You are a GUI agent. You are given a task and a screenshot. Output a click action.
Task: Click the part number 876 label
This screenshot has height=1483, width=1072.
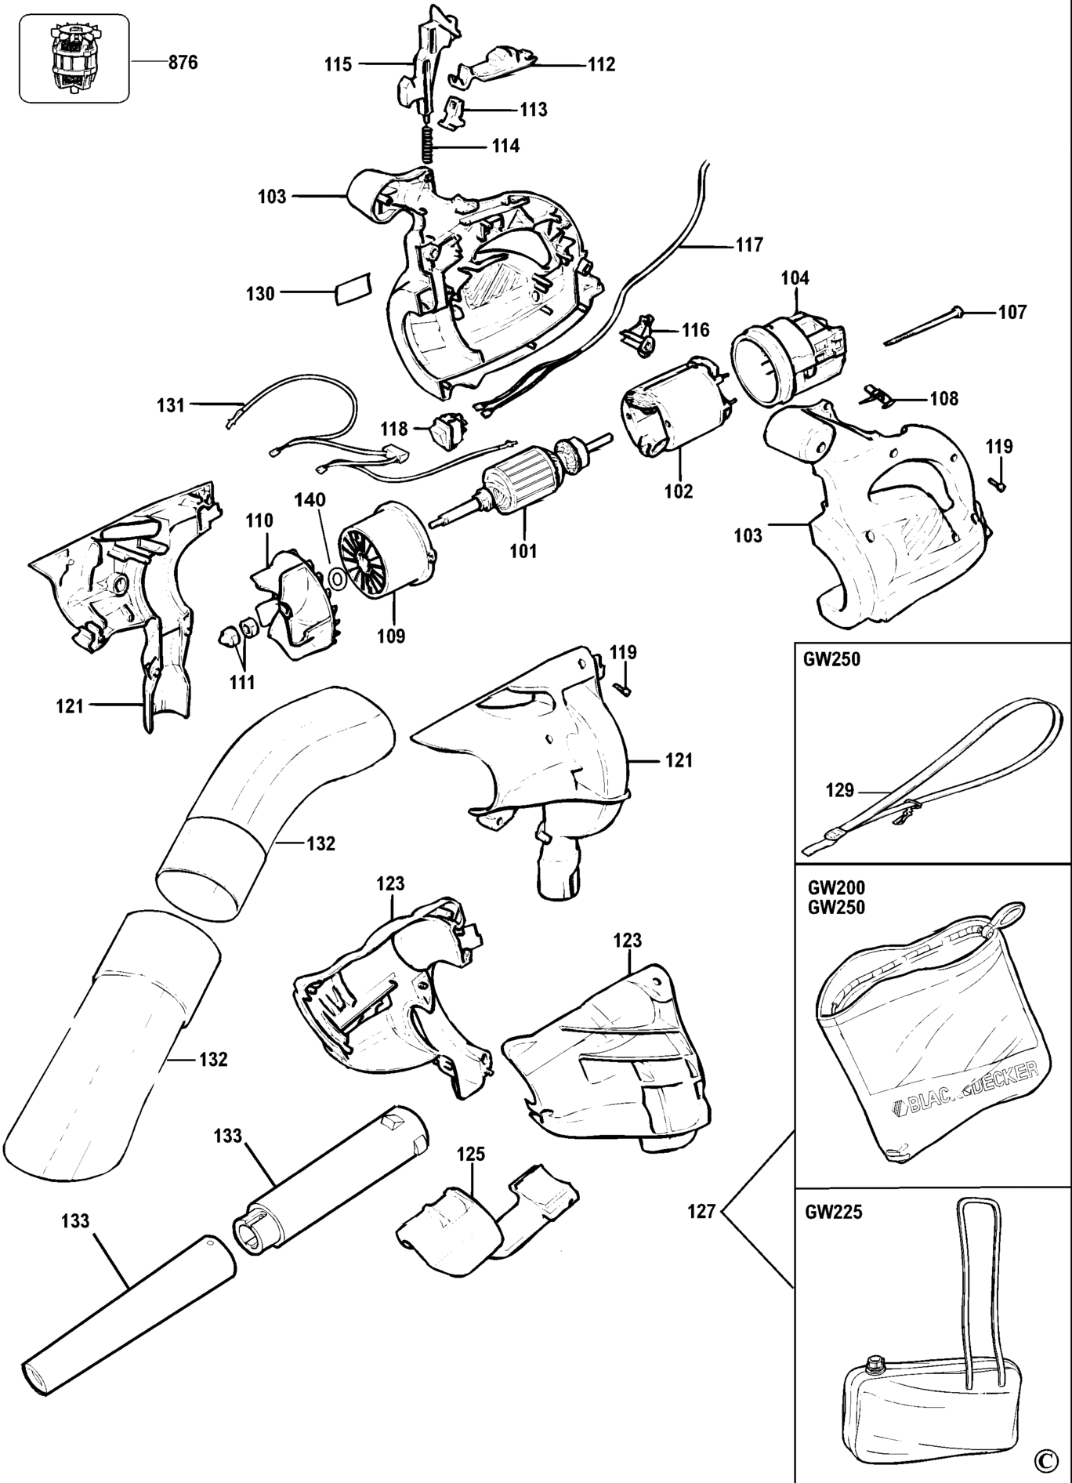183,63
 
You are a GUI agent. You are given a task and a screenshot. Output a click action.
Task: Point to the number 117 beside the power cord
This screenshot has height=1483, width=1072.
748,245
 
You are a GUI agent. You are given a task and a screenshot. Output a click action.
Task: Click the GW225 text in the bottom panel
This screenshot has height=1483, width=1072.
834,1212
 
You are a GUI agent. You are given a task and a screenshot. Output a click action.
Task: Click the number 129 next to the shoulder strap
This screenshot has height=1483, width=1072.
839,790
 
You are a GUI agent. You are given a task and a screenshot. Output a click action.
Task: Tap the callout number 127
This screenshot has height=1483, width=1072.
701,1212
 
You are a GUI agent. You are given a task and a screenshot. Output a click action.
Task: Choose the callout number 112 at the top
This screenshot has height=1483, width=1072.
601,64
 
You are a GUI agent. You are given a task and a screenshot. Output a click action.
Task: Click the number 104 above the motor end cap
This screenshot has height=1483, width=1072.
795,278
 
